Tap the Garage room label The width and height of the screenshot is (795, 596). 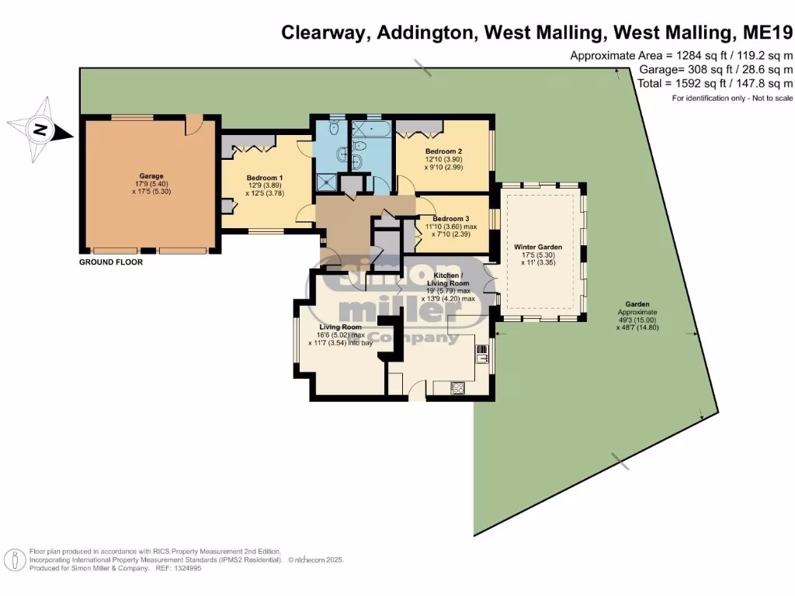tap(151, 175)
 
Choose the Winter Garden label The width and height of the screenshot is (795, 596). tap(538, 247)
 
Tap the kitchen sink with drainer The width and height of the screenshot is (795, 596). tap(482, 354)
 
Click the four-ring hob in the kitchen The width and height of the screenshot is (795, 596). tap(454, 386)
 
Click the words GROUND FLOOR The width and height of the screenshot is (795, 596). tap(111, 262)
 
